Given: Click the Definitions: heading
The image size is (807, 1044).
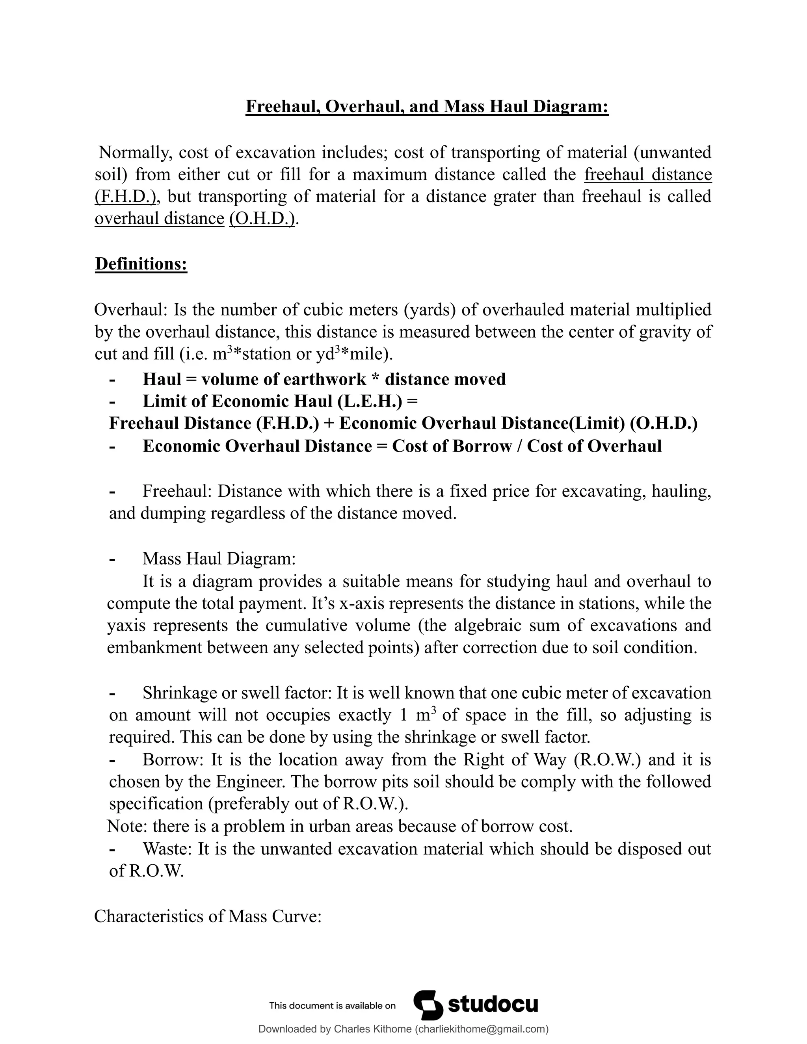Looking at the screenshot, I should click(x=141, y=264).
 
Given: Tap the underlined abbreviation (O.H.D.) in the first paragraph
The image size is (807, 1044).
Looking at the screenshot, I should click(x=262, y=219).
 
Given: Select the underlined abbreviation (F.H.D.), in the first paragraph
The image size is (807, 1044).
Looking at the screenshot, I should click(x=126, y=197).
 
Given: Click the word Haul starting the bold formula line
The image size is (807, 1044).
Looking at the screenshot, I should click(x=162, y=379).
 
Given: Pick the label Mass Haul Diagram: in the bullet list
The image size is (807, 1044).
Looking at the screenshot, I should click(x=219, y=558).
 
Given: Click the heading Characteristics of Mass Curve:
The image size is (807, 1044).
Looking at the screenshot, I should click(x=208, y=916).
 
